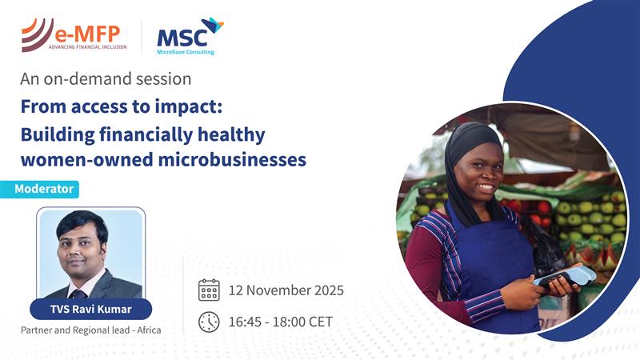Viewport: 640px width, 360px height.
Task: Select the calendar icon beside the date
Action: point(209,290)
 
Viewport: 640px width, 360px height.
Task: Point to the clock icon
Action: point(209,322)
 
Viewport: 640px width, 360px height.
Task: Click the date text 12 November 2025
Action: point(286,290)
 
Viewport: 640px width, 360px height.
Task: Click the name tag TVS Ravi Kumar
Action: point(91,308)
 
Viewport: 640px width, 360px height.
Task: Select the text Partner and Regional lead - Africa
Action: point(91,330)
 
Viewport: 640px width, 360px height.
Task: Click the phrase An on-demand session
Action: point(106,79)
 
